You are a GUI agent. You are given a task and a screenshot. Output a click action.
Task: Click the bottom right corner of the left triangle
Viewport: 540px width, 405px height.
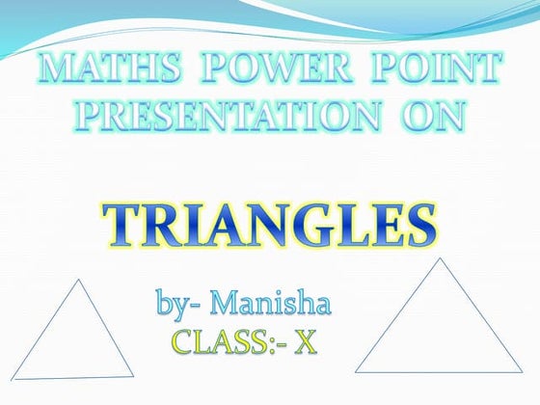pyautogui.click(x=133, y=374)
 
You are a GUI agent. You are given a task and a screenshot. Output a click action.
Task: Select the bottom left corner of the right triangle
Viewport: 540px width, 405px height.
pyautogui.click(x=356, y=371)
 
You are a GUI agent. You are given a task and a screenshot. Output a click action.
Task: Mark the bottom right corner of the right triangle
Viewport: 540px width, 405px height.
pyautogui.click(x=525, y=370)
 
